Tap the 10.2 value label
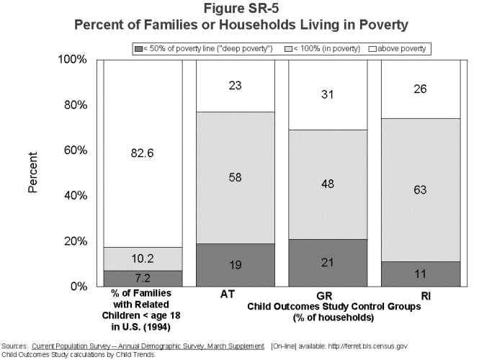141,258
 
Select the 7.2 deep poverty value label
141,277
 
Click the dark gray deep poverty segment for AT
235,264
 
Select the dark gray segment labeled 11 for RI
420,274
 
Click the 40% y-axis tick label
73,195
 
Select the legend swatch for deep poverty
138,49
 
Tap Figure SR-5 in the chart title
240,9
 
